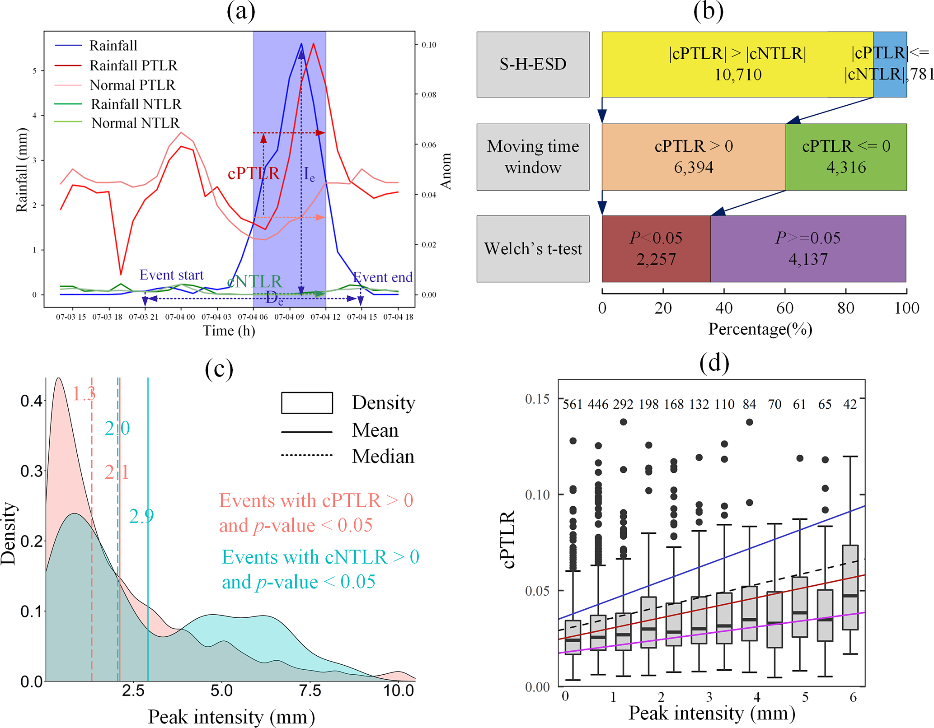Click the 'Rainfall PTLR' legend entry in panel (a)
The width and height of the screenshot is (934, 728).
133,65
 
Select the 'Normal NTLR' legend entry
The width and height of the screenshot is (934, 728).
135,123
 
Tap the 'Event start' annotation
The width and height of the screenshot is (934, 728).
171,275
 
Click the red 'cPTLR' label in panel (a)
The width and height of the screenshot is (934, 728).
253,173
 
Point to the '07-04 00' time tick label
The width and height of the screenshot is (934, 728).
180,317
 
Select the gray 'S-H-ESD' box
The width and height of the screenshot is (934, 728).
533,64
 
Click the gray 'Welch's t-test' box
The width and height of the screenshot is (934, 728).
533,249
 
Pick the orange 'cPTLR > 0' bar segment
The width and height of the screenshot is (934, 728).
694,157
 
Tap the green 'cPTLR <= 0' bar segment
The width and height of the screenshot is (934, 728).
846,157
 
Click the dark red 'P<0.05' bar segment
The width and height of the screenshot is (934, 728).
656,249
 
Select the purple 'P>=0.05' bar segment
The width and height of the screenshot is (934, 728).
808,249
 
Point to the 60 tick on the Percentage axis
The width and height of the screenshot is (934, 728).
785,308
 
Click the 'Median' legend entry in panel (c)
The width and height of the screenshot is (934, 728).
383,456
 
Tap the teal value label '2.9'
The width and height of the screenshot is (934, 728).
141,516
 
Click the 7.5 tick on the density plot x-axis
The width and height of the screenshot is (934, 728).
310,691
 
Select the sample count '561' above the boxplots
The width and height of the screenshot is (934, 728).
573,404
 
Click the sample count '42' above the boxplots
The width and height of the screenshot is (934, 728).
850,404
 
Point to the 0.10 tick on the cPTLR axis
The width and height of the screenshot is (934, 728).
537,495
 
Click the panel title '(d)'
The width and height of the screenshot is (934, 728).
714,363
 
